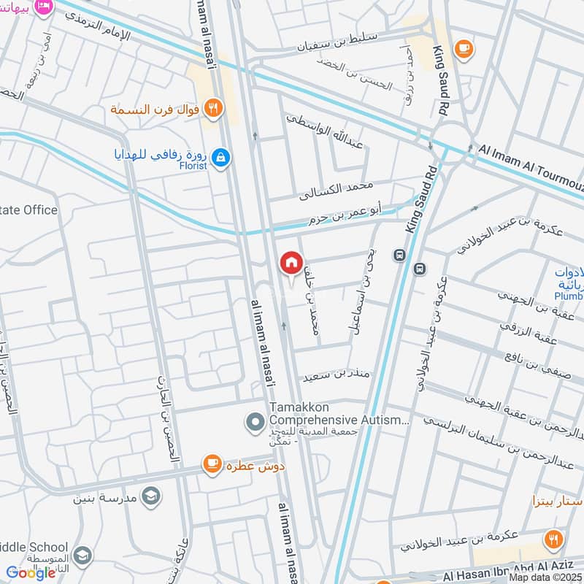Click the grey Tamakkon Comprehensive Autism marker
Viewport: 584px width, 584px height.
(255, 421)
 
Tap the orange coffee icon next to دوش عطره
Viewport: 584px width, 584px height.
(212, 463)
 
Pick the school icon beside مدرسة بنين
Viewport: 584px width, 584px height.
(150, 496)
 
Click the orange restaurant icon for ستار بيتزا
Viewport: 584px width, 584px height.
(553, 539)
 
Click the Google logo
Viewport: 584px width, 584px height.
(31, 573)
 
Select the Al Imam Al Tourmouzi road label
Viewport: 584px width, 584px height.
(530, 161)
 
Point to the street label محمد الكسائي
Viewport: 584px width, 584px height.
(337, 191)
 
